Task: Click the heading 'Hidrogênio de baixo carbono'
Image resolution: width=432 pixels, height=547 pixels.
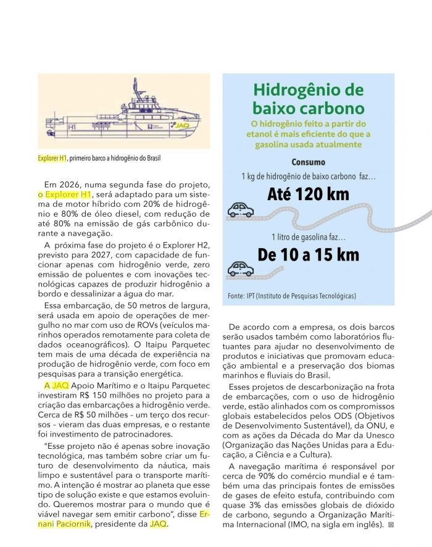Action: point(309,99)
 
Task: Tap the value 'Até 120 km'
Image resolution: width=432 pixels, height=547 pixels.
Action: point(308,195)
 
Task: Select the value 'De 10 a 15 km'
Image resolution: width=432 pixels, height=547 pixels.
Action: point(308,255)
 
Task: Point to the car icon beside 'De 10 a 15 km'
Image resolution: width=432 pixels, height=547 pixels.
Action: point(241,269)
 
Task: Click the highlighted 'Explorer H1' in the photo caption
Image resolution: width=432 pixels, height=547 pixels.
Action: point(52,159)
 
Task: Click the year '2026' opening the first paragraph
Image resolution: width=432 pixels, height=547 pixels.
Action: point(66,185)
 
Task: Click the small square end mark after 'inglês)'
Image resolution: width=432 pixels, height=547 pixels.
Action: point(391,525)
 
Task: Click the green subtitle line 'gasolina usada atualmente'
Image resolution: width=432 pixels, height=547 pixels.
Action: point(309,144)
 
